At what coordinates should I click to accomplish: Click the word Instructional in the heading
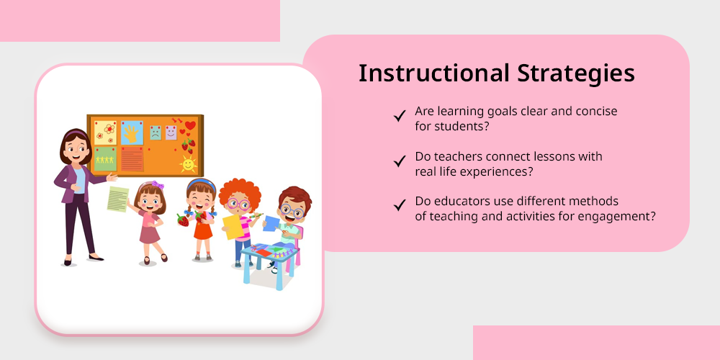tap(434, 73)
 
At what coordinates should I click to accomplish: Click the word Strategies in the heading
tap(576, 74)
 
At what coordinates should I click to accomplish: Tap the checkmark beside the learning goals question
tap(400, 116)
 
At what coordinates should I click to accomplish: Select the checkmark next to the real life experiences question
tap(400, 161)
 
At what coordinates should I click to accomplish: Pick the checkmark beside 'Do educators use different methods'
tap(400, 204)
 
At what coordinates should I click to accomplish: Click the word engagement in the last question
tap(616, 216)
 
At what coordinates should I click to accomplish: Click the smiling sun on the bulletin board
tap(188, 163)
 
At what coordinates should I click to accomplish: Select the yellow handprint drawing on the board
tap(132, 133)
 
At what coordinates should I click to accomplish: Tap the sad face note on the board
tap(156, 133)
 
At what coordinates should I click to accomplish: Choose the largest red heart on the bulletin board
tap(190, 125)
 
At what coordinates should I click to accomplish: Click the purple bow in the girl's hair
tap(158, 184)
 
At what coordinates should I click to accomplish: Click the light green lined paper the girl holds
tap(118, 199)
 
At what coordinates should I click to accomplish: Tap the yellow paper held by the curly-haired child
tap(233, 227)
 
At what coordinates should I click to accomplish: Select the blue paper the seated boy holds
tap(271, 224)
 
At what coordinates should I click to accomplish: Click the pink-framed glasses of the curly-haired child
tap(238, 204)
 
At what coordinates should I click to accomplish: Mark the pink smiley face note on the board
tap(171, 132)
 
